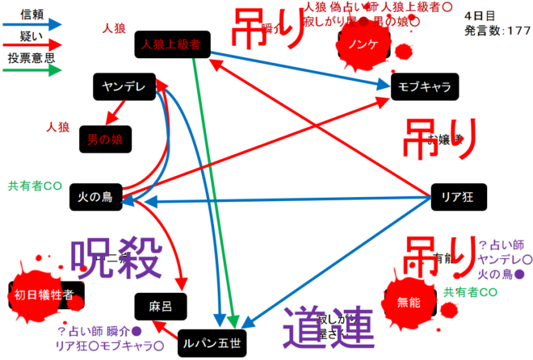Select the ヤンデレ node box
(x=124, y=87)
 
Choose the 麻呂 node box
(x=161, y=304)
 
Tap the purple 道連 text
(x=329, y=326)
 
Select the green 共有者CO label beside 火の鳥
(x=35, y=185)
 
